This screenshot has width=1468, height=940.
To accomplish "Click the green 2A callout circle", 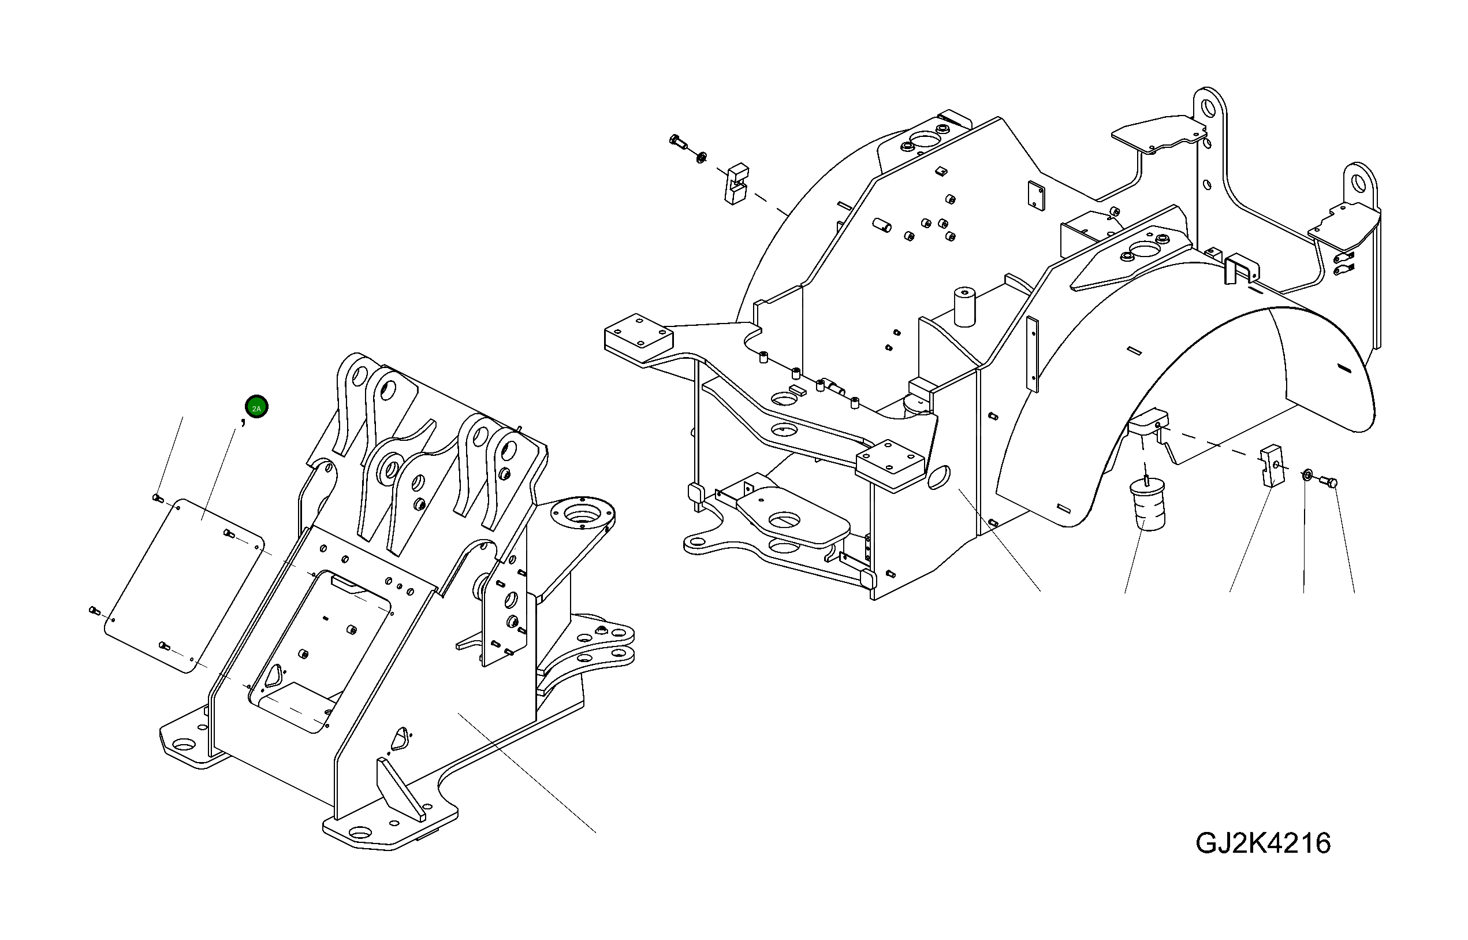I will pyautogui.click(x=256, y=408).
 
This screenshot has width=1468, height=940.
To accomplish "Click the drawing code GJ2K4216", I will pyautogui.click(x=1263, y=843).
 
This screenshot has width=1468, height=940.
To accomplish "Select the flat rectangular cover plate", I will pyautogui.click(x=183, y=586).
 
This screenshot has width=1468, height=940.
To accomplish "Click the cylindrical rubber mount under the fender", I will pyautogui.click(x=1147, y=504).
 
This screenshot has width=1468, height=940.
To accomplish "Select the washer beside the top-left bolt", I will pyautogui.click(x=701, y=158).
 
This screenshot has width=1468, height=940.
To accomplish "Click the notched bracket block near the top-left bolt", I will pyautogui.click(x=736, y=183).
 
